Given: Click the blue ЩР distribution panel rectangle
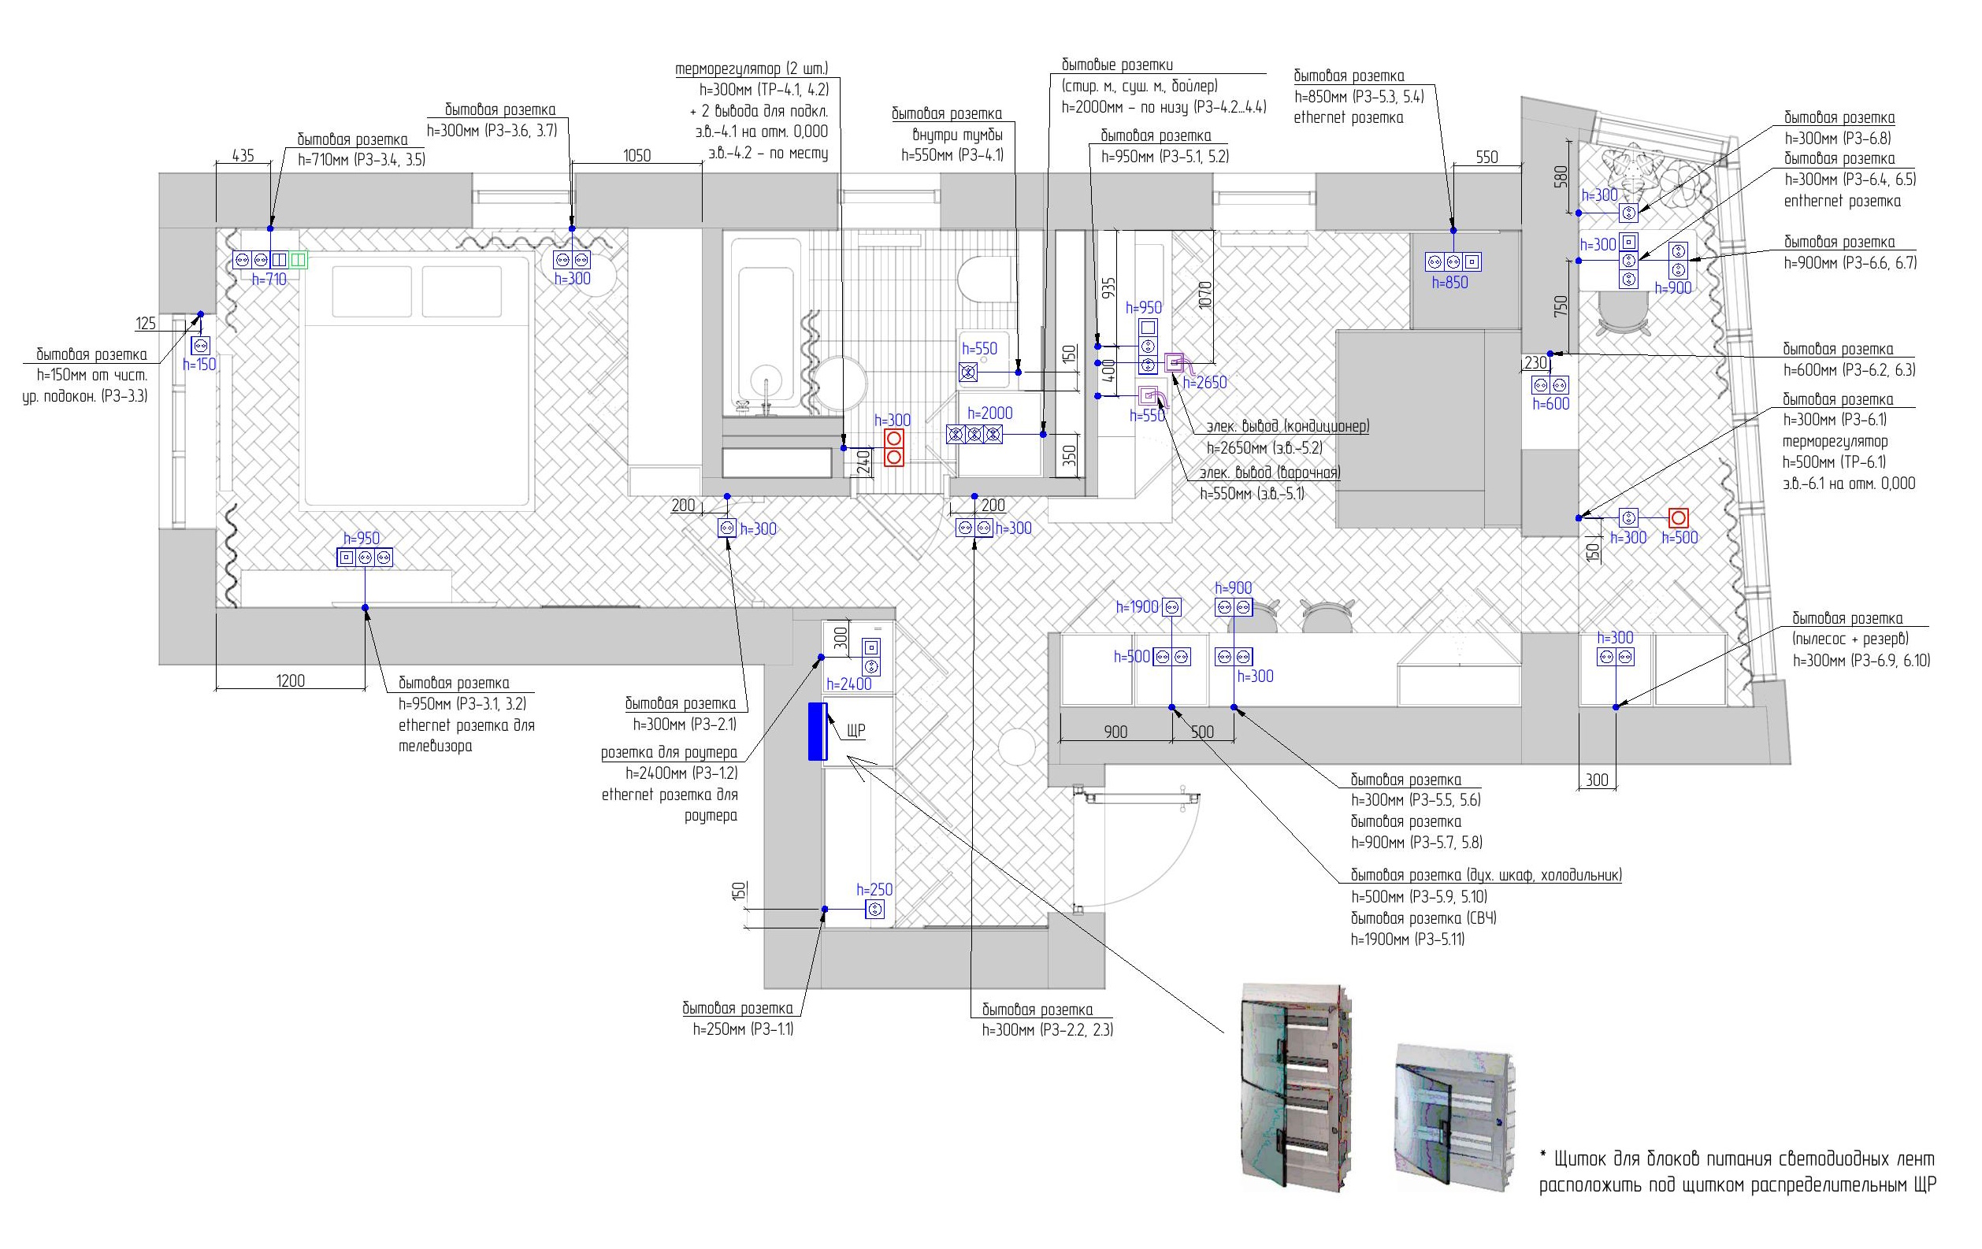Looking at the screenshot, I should point(816,731).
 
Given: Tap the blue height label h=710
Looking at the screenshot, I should point(269,280).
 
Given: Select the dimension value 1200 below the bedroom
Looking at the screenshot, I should point(290,680).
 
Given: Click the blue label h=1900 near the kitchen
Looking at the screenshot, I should point(1137,607).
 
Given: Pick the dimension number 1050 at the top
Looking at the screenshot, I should point(637,155).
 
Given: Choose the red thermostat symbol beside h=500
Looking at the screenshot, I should point(1678,518).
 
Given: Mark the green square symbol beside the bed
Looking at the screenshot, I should point(298,260).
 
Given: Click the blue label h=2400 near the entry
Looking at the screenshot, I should point(848,684).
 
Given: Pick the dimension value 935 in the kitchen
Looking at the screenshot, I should point(1108,287).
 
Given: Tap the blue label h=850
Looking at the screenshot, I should point(1449,283).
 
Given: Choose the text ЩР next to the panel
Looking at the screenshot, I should point(856,731).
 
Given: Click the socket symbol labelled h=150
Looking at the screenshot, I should point(201,346).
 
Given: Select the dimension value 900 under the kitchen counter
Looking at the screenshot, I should point(1115,732).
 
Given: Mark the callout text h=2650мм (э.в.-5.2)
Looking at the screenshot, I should point(1264,448).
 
